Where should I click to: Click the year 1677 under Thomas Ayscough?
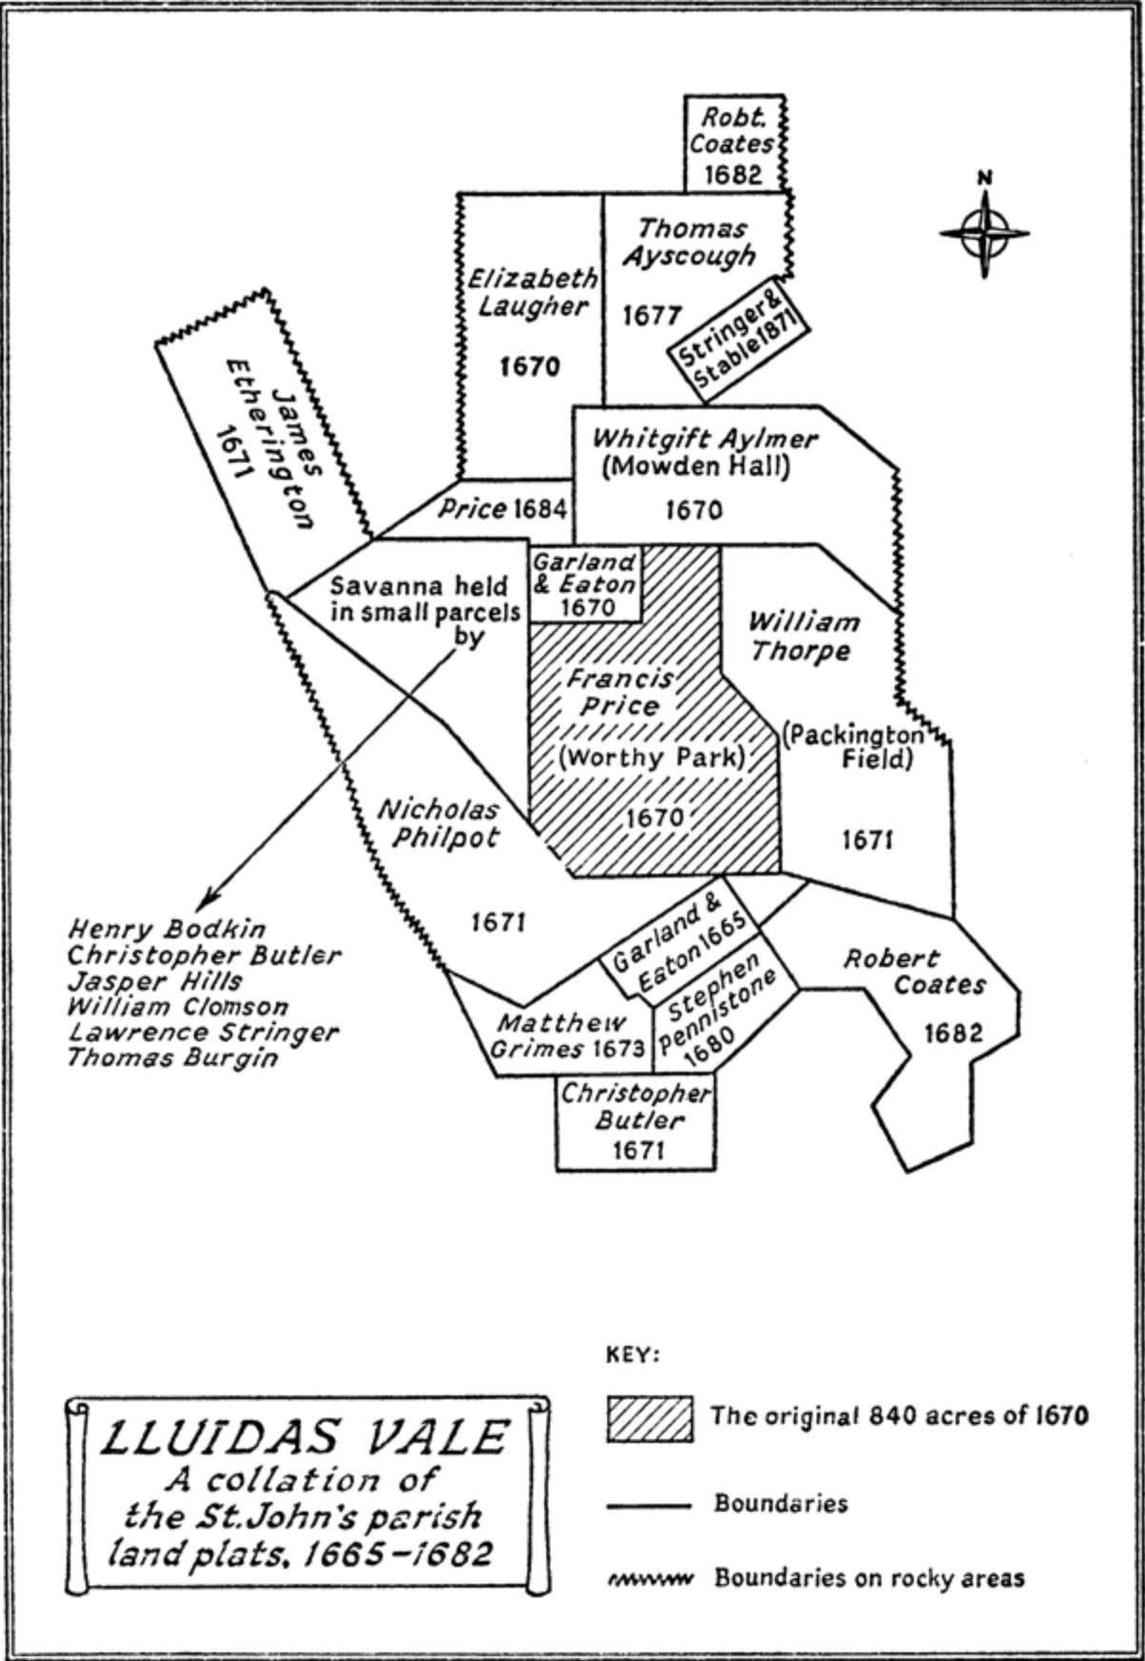tap(652, 315)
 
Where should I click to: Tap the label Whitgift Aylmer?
tap(703, 439)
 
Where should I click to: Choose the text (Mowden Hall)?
tap(696, 468)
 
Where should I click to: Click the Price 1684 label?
tap(503, 509)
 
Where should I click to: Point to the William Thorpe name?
tap(801, 637)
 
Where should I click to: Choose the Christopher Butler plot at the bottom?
tap(635, 1120)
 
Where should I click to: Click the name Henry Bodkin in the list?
tap(167, 928)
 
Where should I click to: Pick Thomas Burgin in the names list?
tap(172, 1058)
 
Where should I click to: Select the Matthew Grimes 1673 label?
tap(566, 1035)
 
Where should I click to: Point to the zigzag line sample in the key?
tap(648, 1579)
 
